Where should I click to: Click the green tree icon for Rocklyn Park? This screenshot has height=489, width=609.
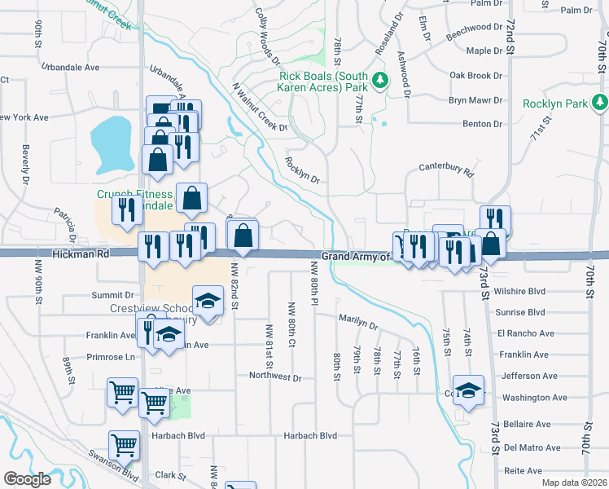point(600,102)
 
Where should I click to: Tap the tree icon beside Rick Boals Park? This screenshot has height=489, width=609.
point(380,81)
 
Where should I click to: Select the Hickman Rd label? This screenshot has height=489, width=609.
point(80,254)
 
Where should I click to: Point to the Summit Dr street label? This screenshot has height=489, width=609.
point(112,295)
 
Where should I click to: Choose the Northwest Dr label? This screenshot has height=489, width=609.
point(275,378)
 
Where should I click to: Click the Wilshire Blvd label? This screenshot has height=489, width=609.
point(524,291)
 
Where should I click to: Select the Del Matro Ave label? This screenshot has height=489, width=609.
point(532,447)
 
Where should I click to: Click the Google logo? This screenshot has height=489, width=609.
point(27,478)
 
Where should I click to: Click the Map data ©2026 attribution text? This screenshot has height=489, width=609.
point(574,482)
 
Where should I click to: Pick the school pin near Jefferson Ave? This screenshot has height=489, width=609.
point(469,390)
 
